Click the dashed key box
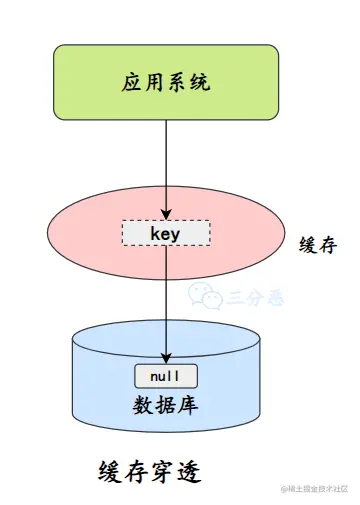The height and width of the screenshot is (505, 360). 166,233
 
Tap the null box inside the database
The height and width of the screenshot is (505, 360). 166,377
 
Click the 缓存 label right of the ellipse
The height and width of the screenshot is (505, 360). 317,246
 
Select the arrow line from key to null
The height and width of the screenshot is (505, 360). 166,300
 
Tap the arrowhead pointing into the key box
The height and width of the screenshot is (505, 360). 166,214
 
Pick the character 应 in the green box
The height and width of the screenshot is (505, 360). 132,83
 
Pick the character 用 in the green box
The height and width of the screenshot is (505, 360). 155,83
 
